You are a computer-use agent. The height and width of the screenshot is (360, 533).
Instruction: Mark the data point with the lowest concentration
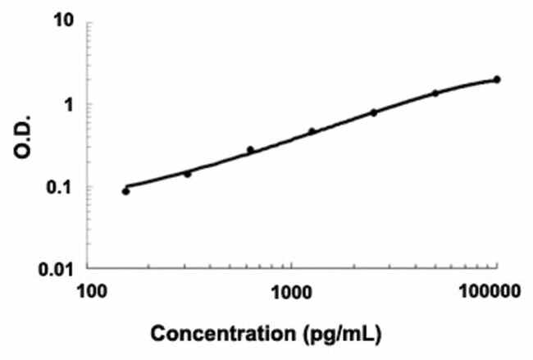pyautogui.click(x=125, y=191)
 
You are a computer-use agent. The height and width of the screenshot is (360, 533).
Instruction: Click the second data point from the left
pyautogui.click(x=187, y=174)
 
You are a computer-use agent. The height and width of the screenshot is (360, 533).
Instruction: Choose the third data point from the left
pyautogui.click(x=250, y=150)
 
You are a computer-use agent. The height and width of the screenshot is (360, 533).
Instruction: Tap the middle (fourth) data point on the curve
pyautogui.click(x=312, y=131)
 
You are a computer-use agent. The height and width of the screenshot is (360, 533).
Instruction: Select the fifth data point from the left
pyautogui.click(x=374, y=112)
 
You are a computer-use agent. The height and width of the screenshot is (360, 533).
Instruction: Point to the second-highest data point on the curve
pyautogui.click(x=435, y=93)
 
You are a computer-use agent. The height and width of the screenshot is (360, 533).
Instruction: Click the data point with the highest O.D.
pyautogui.click(x=497, y=80)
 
